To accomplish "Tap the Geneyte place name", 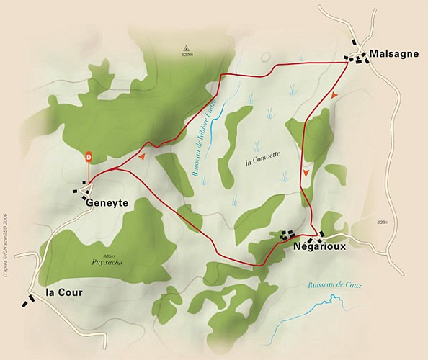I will (106, 203).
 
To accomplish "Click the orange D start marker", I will (89, 156).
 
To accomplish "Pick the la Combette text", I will (262, 154).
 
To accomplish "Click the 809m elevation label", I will (188, 55).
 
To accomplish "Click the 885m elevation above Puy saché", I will (109, 255).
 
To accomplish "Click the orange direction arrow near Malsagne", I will (333, 95).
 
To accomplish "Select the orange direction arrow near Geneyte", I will (143, 155).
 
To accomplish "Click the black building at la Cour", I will (29, 300).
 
